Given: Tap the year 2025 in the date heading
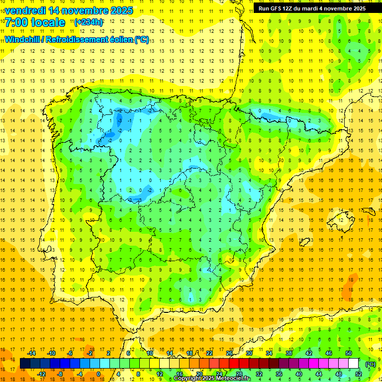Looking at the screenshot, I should [119, 10].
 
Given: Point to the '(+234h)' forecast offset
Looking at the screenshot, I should [89, 22].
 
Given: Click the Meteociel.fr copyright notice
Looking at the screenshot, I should [212, 379].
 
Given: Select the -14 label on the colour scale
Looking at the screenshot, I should [31, 353].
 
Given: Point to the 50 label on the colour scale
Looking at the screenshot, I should [349, 353].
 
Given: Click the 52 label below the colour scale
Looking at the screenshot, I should [359, 374].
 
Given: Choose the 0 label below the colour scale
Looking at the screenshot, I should [98, 374].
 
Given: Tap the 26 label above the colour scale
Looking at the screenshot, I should [229, 353].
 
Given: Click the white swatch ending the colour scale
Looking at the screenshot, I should [353, 364].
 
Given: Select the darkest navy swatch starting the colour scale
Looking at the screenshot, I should [25, 364].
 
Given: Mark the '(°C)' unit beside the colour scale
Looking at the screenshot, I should [370, 364].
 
